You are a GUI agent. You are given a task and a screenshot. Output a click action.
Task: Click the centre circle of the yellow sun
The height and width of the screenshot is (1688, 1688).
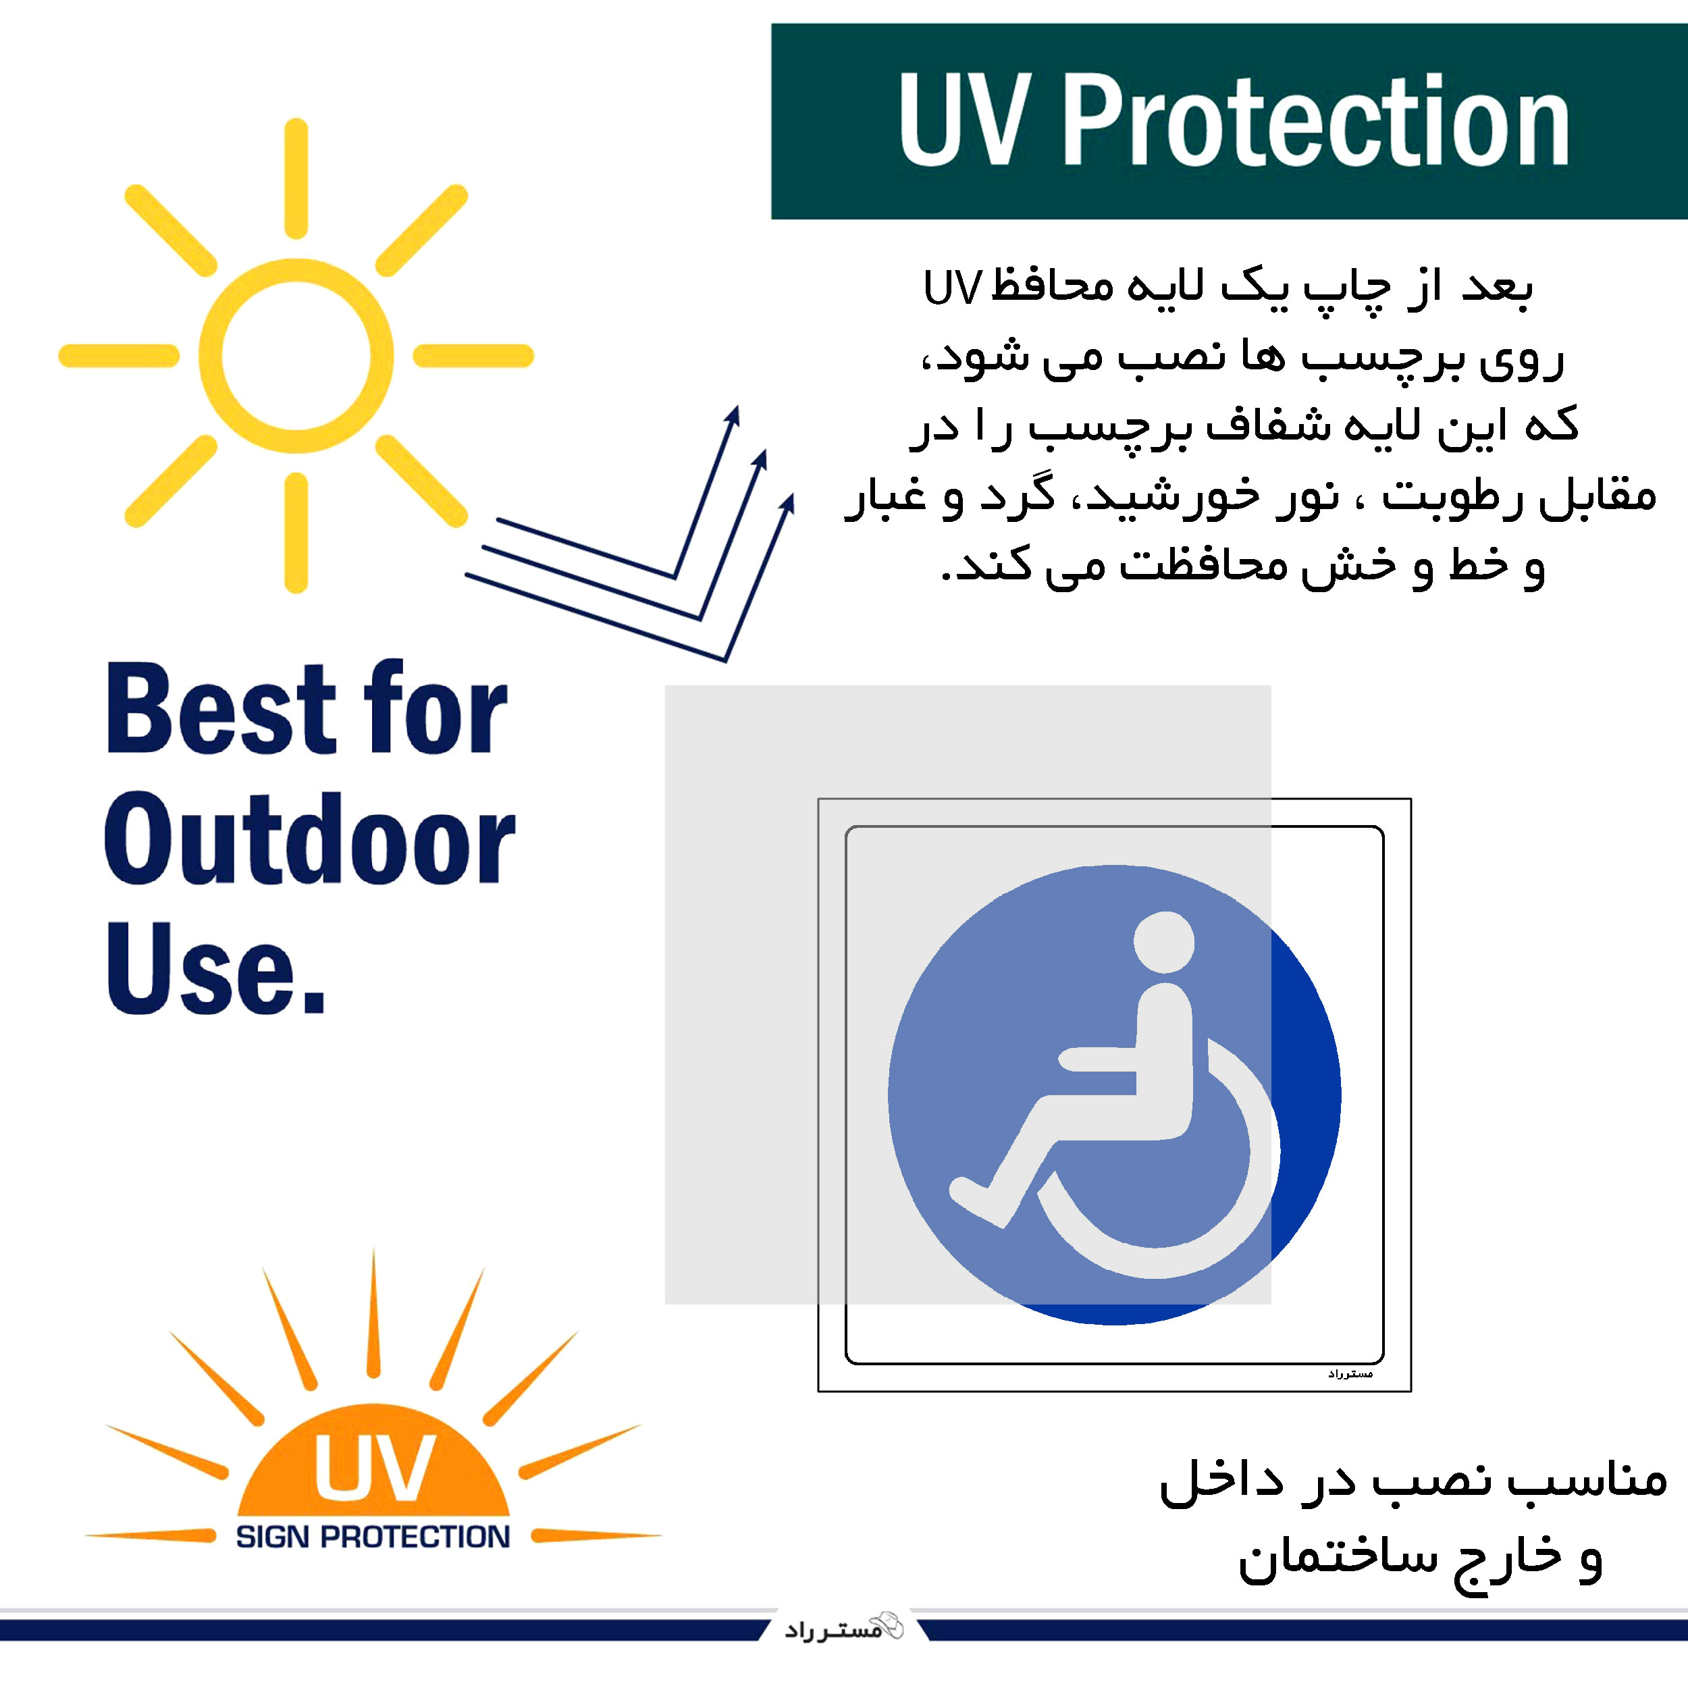point(296,356)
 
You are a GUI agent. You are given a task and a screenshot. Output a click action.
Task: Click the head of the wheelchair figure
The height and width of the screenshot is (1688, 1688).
point(1164,942)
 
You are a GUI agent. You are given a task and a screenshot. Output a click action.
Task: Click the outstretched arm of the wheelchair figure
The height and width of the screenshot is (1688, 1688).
point(1097,1059)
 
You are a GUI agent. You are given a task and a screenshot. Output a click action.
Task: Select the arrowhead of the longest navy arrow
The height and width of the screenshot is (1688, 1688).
point(788,505)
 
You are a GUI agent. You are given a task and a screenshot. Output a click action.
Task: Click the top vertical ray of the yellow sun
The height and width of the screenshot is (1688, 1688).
point(296,178)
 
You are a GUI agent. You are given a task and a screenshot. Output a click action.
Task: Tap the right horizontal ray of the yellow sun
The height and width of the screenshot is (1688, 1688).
point(473,356)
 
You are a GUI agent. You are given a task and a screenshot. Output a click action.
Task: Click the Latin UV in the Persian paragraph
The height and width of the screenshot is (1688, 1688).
point(952,288)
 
